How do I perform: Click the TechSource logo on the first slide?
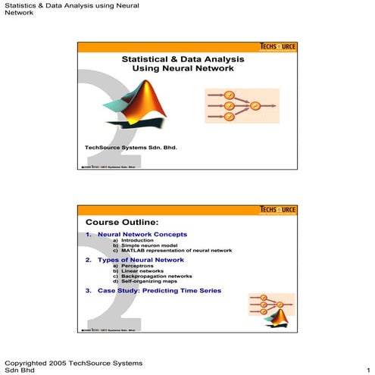[x=278, y=46]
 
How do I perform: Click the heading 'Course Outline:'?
[x=122, y=222]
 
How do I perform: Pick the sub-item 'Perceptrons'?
[x=135, y=266]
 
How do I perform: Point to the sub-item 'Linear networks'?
[x=139, y=270]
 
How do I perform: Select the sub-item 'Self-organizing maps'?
[x=146, y=281]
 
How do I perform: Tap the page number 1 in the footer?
[x=367, y=370]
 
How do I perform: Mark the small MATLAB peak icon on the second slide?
[x=270, y=319]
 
